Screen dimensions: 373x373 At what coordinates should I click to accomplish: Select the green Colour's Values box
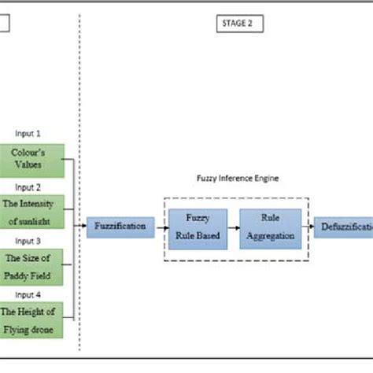click(27, 157)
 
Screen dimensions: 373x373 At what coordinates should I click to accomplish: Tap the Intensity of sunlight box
click(27, 211)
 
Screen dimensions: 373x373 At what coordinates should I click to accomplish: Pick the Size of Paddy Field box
click(27, 264)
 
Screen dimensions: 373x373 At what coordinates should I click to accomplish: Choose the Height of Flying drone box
click(27, 318)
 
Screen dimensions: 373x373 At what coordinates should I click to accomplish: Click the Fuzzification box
click(120, 226)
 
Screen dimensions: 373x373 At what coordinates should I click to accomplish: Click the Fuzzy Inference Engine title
click(237, 179)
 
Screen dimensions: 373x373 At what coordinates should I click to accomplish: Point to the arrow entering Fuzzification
click(81, 226)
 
